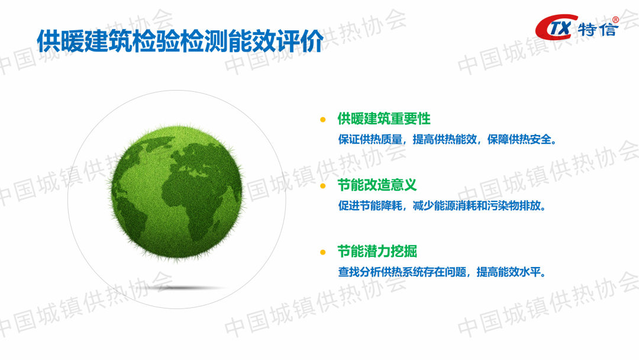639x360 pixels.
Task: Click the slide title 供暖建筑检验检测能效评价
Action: pos(180,41)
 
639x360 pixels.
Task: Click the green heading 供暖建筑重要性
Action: pos(384,119)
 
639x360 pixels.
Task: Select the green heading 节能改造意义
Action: pos(377,185)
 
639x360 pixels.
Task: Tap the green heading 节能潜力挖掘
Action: pos(377,252)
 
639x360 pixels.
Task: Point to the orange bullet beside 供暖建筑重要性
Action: pos(323,120)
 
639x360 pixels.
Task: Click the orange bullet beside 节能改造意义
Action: pos(323,186)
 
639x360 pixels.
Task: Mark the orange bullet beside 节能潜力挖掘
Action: pos(323,252)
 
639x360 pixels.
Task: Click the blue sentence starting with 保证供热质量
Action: pos(447,139)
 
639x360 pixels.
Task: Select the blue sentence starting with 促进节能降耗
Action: pos(442,205)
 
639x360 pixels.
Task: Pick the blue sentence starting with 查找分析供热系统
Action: pos(442,272)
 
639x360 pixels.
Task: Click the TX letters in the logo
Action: pos(560,28)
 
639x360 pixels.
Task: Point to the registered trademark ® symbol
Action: pos(615,20)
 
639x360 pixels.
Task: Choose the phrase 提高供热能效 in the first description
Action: pos(444,139)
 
